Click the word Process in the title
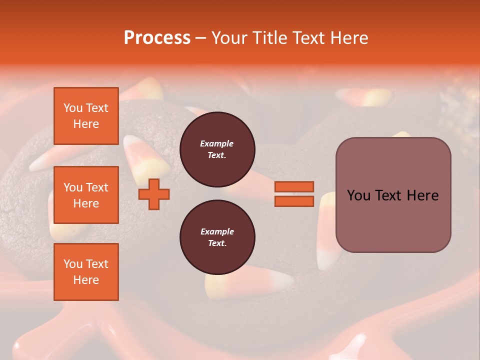pyautogui.click(x=157, y=38)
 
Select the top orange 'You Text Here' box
pyautogui.click(x=86, y=116)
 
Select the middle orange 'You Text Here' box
pyautogui.click(x=86, y=195)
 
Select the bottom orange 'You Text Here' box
pyautogui.click(x=86, y=272)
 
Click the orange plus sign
pyautogui.click(x=154, y=194)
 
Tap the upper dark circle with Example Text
pyautogui.click(x=217, y=149)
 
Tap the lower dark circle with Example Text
pyautogui.click(x=217, y=237)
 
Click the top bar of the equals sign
pyautogui.click(x=294, y=186)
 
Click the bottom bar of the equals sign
pyautogui.click(x=294, y=201)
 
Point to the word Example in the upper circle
pyautogui.click(x=216, y=143)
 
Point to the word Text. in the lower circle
pyautogui.click(x=217, y=243)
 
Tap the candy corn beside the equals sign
pyautogui.click(x=327, y=230)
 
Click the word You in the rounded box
pyautogui.click(x=359, y=195)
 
